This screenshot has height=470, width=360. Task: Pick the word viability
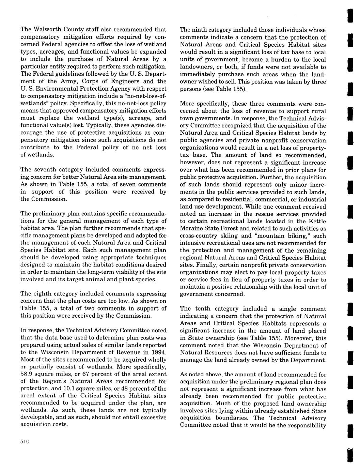[121, 272]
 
